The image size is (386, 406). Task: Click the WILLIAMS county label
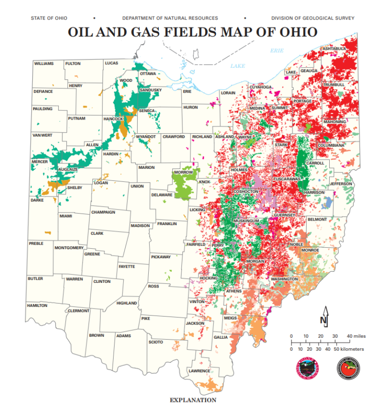[x=44, y=64]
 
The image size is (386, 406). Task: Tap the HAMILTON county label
[x=37, y=305]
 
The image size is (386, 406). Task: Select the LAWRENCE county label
[x=200, y=371]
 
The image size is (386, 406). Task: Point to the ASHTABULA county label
[x=334, y=48]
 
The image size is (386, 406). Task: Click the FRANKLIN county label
[x=167, y=224]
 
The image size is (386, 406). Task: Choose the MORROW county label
[x=183, y=172]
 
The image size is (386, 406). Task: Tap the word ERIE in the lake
[x=277, y=50]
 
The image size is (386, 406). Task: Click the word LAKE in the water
[x=237, y=66]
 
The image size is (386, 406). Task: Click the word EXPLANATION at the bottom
[x=193, y=400]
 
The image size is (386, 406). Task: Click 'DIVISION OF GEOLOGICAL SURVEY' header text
[x=313, y=18]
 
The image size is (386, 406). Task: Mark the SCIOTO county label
[x=156, y=342]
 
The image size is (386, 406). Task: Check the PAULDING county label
[x=43, y=109]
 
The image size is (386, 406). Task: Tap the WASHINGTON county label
[x=284, y=278]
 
